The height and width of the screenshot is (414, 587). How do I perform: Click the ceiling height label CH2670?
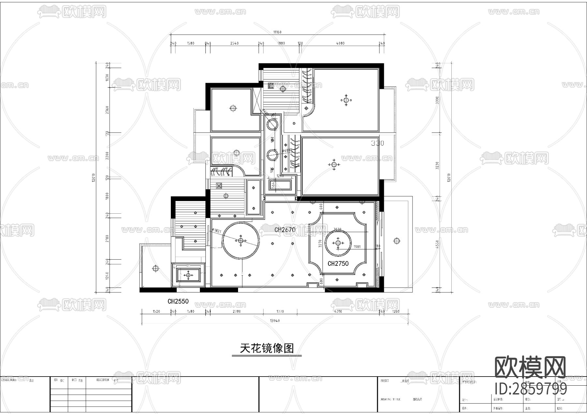pyautogui.click(x=285, y=230)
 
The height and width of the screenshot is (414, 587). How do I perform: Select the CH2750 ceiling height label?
pyautogui.click(x=338, y=264)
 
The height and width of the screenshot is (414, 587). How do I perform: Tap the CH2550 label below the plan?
pyautogui.click(x=178, y=301)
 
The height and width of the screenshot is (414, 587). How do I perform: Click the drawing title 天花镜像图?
pyautogui.click(x=267, y=348)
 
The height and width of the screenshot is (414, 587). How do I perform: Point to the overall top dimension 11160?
pyautogui.click(x=277, y=32)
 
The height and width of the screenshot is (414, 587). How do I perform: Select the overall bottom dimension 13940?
pyautogui.click(x=275, y=321)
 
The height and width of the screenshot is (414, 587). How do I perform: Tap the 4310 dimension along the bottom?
pyautogui.click(x=338, y=311)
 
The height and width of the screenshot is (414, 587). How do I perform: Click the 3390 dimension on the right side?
pyautogui.click(x=438, y=99)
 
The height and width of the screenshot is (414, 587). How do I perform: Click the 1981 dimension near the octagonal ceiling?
pyautogui.click(x=357, y=247)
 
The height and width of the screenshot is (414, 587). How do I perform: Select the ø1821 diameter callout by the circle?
pyautogui.click(x=217, y=231)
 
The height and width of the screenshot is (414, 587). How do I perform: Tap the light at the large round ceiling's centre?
pyautogui.click(x=241, y=241)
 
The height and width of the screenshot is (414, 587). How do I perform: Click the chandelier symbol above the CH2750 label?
pyautogui.click(x=338, y=243)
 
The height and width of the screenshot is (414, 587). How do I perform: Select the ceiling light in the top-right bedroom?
pyautogui.click(x=346, y=100)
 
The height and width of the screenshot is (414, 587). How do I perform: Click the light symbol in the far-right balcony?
pyautogui.click(x=397, y=241)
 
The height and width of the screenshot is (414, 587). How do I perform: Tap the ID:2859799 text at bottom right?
pyautogui.click(x=531, y=388)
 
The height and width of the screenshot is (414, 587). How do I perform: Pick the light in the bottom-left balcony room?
pyautogui.click(x=156, y=269)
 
